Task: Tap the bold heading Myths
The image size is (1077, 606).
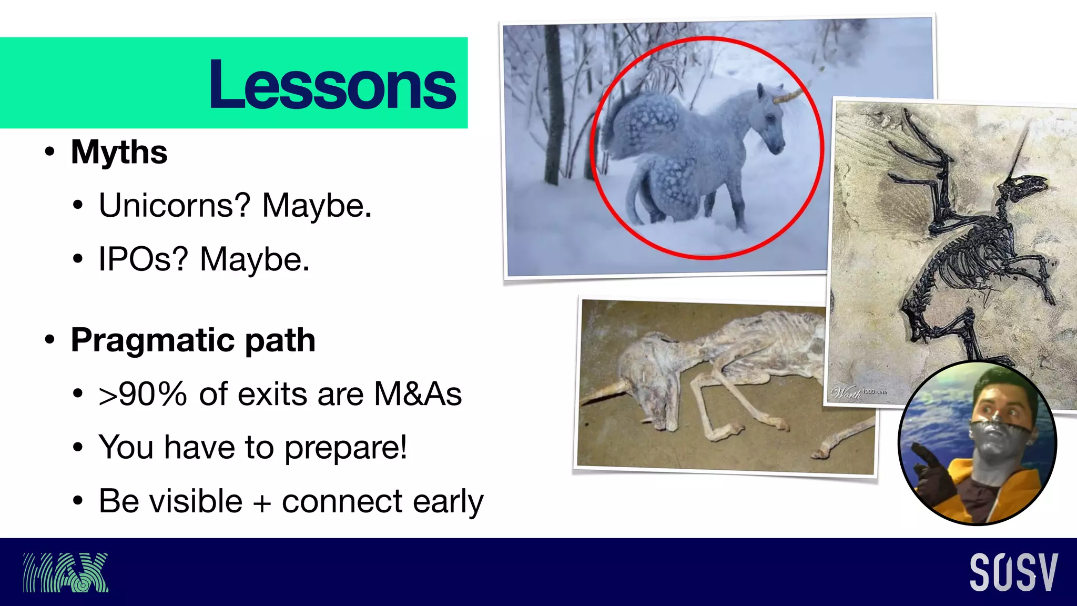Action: click(119, 152)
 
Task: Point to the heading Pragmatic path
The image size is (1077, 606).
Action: click(193, 340)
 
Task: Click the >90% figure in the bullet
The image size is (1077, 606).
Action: click(143, 394)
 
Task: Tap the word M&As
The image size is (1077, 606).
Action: click(418, 394)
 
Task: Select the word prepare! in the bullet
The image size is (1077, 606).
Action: click(346, 448)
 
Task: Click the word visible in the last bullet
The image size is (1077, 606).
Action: click(170, 501)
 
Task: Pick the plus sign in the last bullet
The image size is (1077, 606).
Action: click(261, 502)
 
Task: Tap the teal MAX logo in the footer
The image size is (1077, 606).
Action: click(65, 572)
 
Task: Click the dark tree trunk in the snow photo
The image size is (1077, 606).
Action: click(552, 105)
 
